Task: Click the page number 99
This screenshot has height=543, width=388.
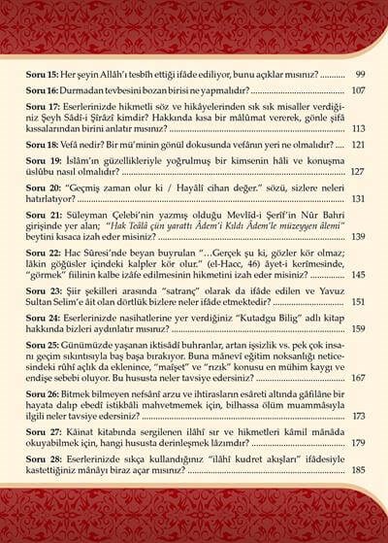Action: (x=359, y=74)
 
